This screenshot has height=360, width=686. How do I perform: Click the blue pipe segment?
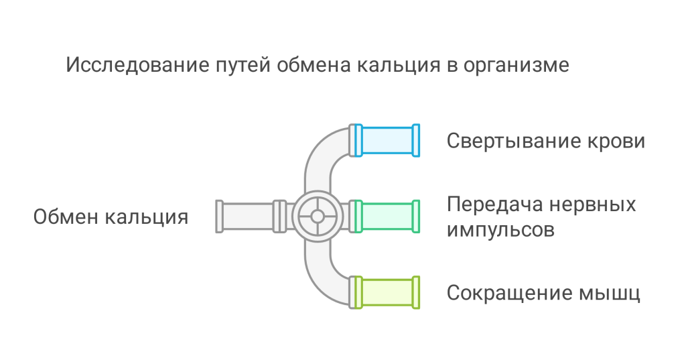pyautogui.click(x=387, y=140)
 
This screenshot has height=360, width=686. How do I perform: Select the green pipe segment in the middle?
pyautogui.click(x=387, y=216)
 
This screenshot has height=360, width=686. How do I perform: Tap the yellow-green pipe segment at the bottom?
pyautogui.click(x=387, y=292)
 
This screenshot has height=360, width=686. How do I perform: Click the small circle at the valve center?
pyautogui.click(x=318, y=216)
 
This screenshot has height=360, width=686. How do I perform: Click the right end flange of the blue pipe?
pyautogui.click(x=416, y=140)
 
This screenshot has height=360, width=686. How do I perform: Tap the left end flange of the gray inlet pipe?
pyautogui.click(x=219, y=216)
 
